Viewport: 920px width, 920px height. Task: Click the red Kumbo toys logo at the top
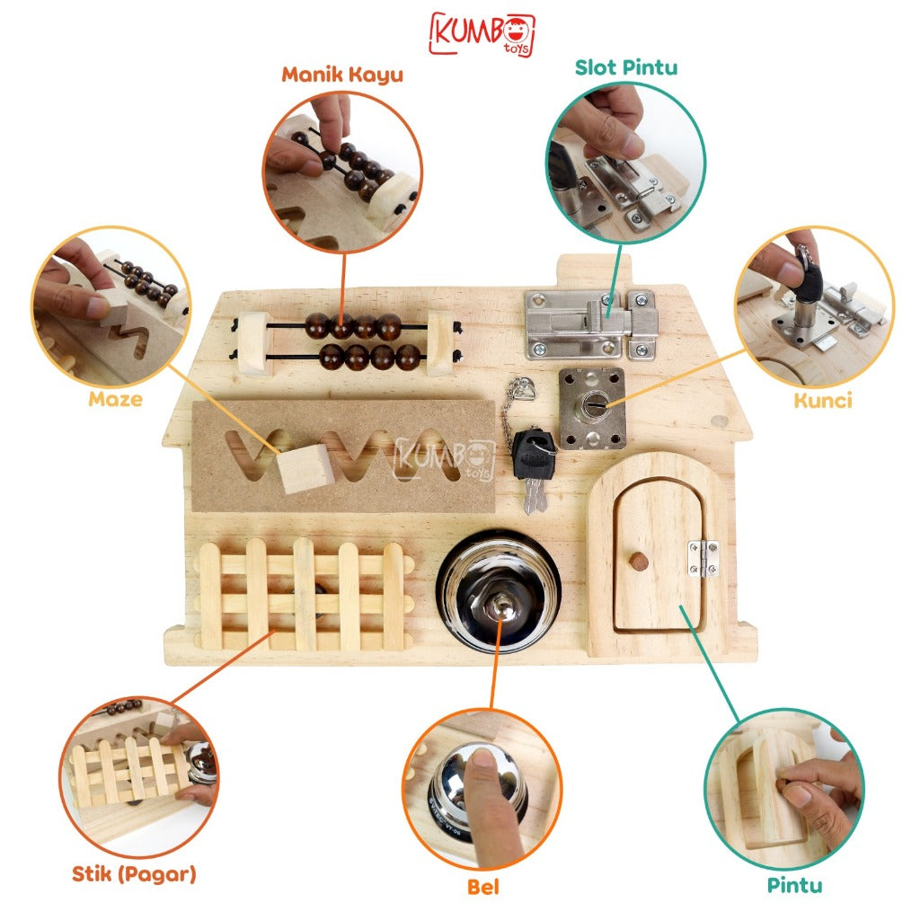[482, 34]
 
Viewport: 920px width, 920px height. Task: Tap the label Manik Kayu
[342, 75]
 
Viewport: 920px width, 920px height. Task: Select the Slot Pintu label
[625, 67]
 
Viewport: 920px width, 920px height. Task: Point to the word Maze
[116, 400]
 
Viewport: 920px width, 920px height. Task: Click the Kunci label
[823, 401]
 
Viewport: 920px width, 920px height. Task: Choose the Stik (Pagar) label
[134, 874]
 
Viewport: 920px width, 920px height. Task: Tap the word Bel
[482, 887]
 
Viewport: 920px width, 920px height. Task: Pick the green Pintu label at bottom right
[794, 885]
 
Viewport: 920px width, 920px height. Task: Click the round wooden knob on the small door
[638, 562]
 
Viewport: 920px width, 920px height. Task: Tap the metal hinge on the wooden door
[703, 558]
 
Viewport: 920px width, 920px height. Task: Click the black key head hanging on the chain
[533, 453]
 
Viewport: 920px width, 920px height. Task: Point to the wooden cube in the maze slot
[305, 467]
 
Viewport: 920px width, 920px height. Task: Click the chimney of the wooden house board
[595, 270]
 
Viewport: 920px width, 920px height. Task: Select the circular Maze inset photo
[111, 307]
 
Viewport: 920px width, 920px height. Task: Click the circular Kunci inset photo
[815, 306]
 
